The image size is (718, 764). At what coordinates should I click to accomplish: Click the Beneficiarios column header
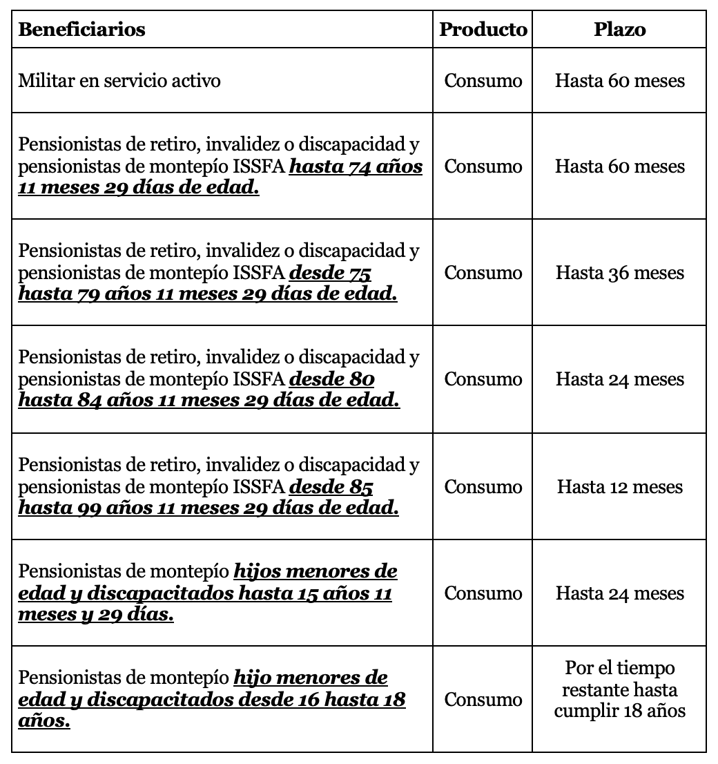[x=81, y=30]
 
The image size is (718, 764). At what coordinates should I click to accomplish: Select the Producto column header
[x=483, y=30]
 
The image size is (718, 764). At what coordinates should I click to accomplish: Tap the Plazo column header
[x=619, y=30]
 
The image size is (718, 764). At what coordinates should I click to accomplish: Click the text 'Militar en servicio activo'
[x=119, y=81]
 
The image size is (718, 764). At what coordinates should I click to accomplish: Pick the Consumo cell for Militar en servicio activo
[x=483, y=81]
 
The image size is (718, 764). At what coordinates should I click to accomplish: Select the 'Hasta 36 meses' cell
[x=619, y=273]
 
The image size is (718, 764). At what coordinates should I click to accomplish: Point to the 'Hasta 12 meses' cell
[x=619, y=487]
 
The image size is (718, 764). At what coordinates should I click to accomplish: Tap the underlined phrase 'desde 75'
[x=330, y=274]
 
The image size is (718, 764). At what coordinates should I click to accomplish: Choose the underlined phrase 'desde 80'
[x=332, y=380]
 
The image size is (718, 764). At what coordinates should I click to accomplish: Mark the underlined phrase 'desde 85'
[x=331, y=488]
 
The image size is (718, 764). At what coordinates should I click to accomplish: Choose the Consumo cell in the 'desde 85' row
[x=483, y=487]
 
